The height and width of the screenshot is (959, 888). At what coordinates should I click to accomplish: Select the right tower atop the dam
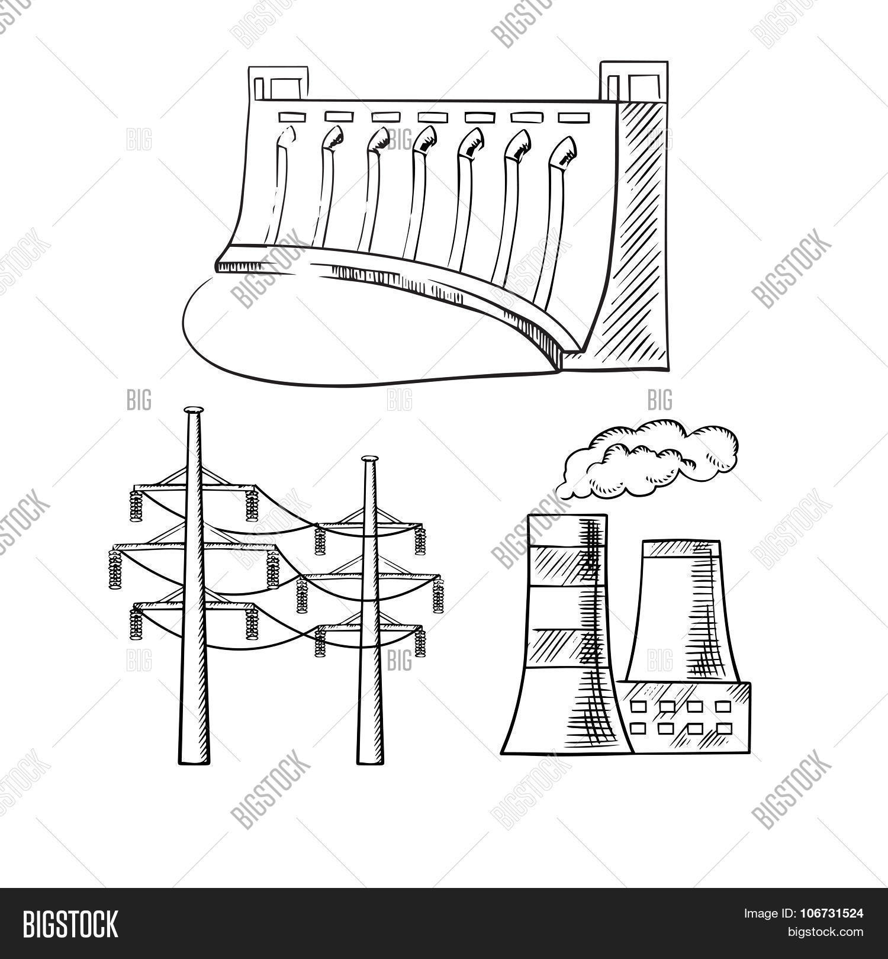tap(634, 81)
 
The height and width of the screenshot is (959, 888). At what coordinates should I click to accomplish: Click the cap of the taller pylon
tap(193, 410)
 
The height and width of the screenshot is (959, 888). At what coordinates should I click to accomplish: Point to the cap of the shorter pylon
tap(369, 459)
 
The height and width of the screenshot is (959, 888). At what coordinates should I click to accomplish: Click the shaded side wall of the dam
tap(639, 237)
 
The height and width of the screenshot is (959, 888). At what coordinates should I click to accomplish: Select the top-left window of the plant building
tap(638, 706)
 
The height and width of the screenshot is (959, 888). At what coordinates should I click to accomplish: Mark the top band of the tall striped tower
tap(567, 530)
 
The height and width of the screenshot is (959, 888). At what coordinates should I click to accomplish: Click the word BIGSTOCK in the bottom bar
tap(70, 925)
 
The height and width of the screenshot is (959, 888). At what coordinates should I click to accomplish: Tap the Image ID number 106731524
tap(828, 914)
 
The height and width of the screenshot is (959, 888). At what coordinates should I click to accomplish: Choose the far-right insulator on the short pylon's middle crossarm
tap(439, 596)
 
